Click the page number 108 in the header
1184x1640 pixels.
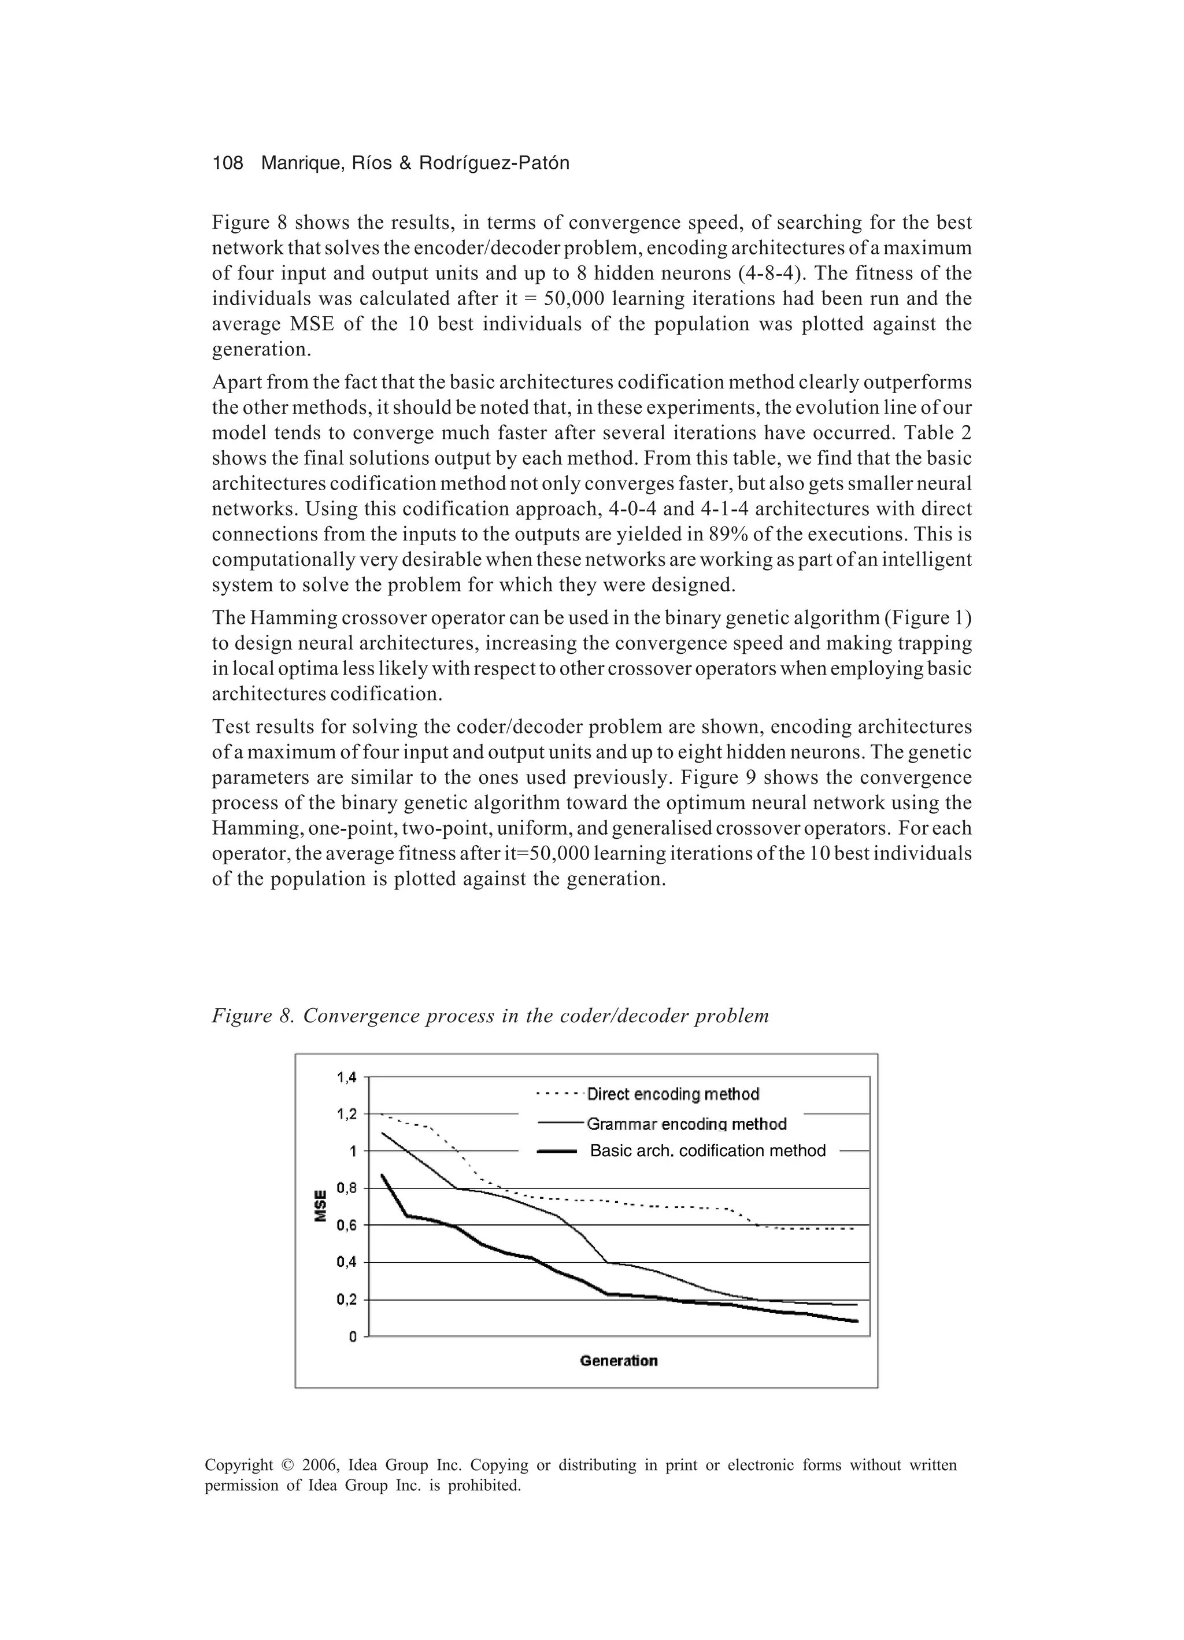(227, 164)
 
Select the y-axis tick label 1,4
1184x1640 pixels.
(346, 1078)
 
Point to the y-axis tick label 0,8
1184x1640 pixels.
(346, 1188)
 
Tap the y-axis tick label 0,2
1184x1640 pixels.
(346, 1300)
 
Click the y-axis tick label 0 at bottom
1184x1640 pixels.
(353, 1337)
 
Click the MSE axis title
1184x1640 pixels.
(320, 1206)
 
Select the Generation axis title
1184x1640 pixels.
(619, 1361)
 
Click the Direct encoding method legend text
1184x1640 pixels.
(672, 1094)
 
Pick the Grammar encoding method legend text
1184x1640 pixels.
(686, 1124)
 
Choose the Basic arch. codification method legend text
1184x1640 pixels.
(708, 1150)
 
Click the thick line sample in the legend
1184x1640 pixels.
(557, 1151)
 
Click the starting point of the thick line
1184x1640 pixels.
(382, 1175)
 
